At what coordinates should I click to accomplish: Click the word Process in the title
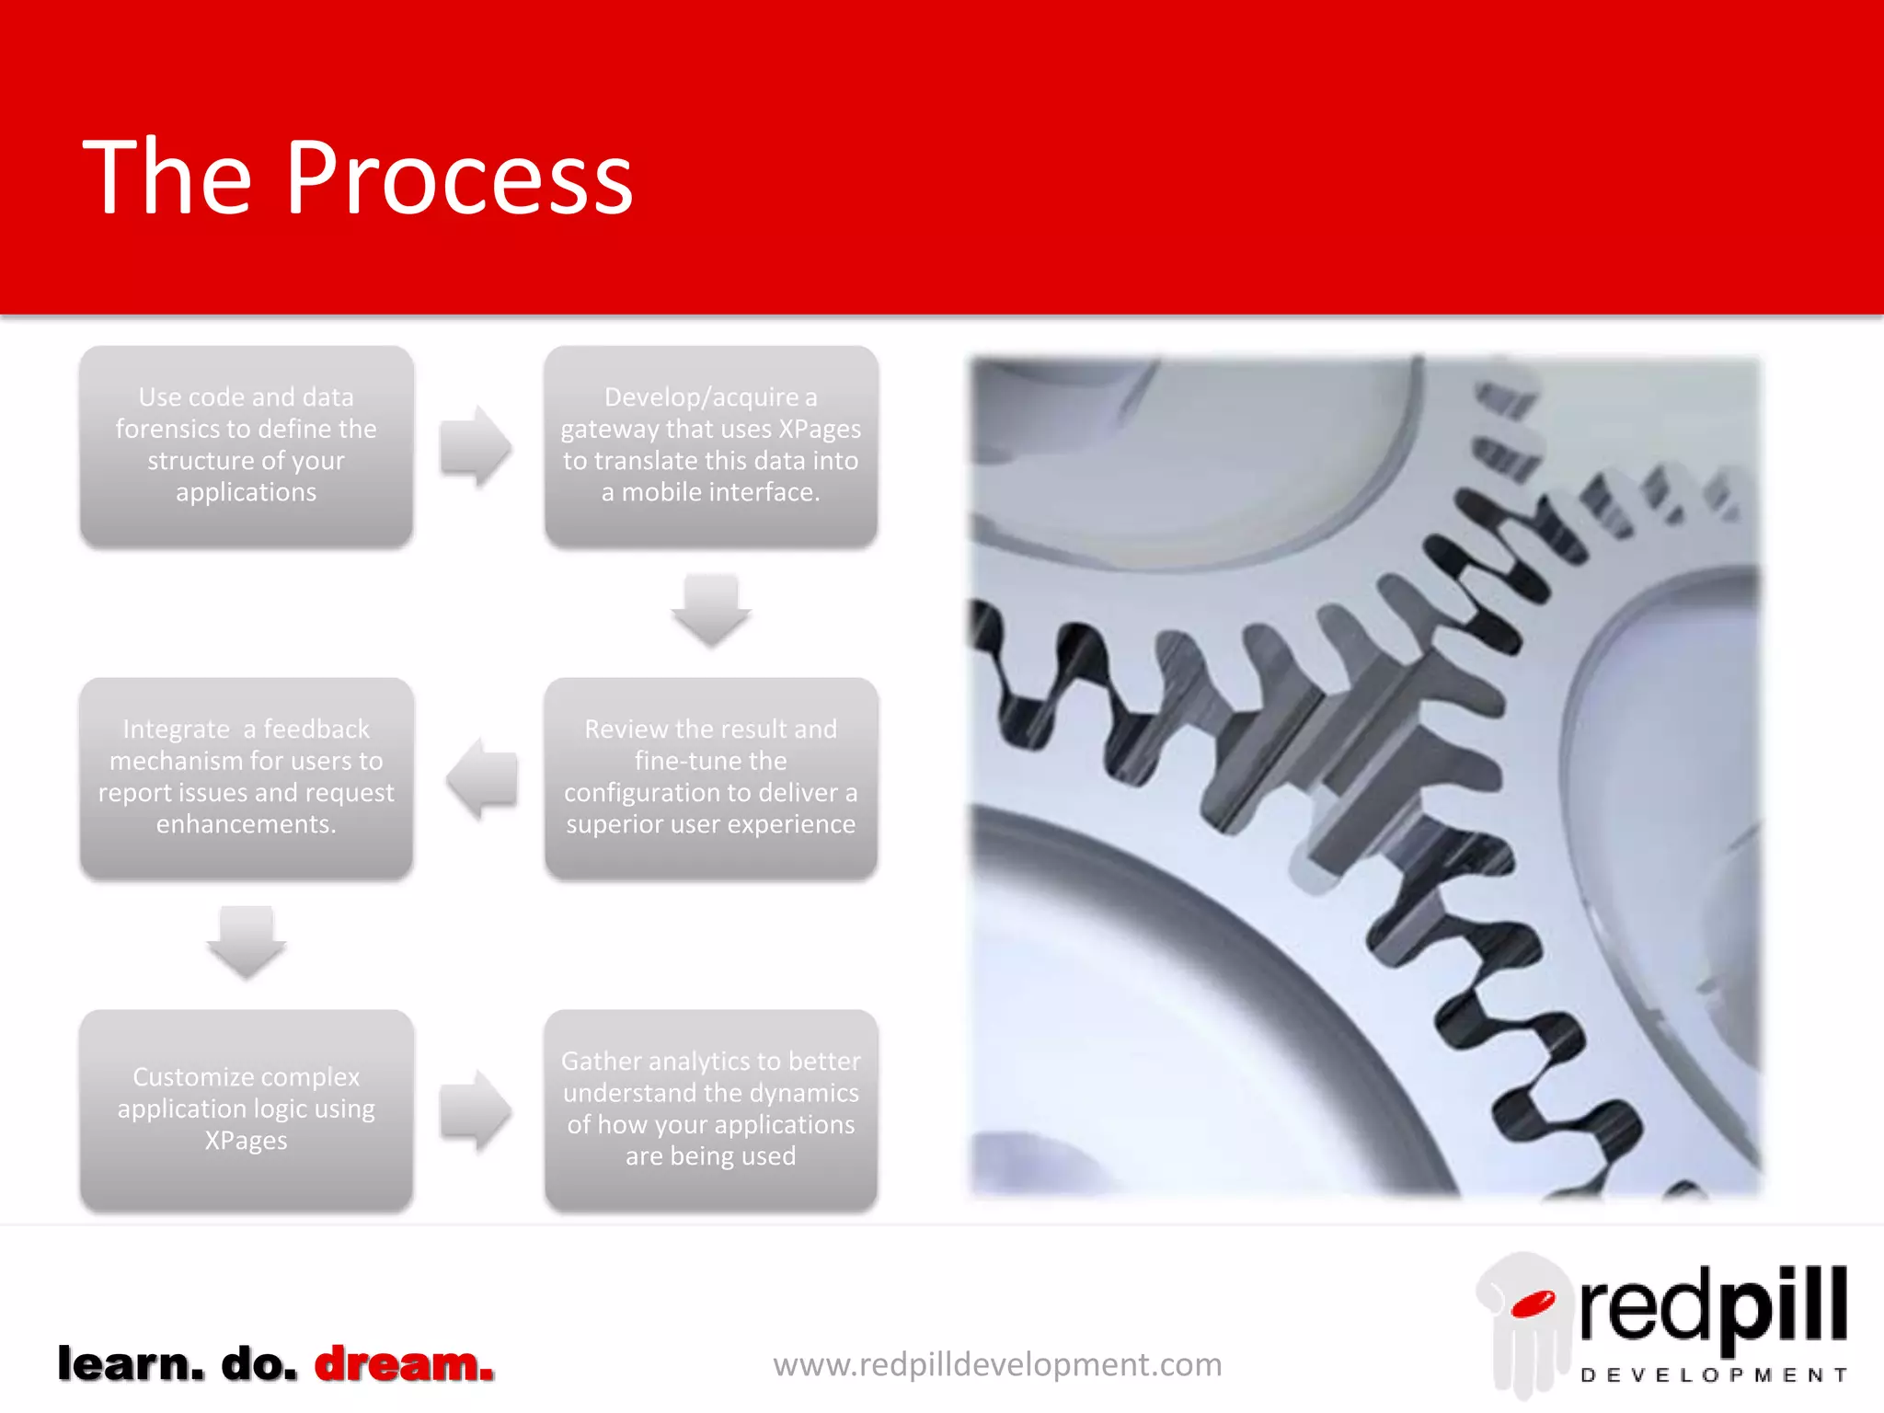click(459, 178)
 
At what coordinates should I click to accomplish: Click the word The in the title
click(167, 178)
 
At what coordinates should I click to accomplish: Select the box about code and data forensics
click(246, 446)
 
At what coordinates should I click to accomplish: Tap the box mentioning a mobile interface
click(710, 446)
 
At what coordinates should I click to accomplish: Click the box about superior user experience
click(710, 778)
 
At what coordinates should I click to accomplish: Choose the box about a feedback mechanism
click(246, 778)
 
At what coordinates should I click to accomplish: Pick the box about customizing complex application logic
click(246, 1109)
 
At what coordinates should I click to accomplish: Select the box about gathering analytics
click(710, 1109)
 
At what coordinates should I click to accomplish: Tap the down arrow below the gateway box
click(710, 610)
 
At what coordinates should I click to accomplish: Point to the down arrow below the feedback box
click(246, 942)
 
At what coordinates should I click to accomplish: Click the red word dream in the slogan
click(404, 1363)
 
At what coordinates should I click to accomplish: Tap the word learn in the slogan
click(130, 1363)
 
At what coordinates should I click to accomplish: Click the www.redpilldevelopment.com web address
click(997, 1364)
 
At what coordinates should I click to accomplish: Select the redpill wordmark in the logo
click(1713, 1305)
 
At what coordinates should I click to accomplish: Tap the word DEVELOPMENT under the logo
click(1713, 1375)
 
